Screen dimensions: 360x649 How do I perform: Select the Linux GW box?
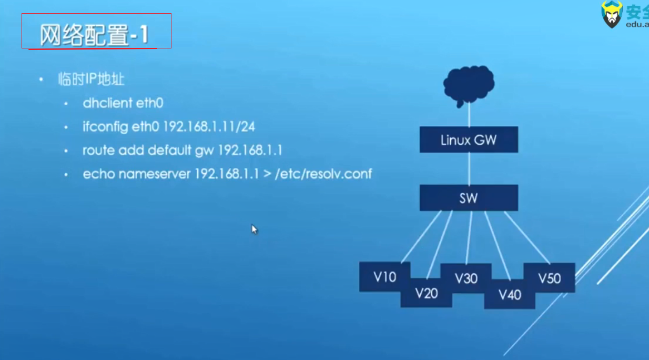pyautogui.click(x=469, y=140)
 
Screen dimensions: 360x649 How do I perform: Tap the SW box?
pyautogui.click(x=469, y=198)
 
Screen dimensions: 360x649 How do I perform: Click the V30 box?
pyautogui.click(x=466, y=277)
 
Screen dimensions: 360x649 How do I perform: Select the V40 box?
pyautogui.click(x=510, y=295)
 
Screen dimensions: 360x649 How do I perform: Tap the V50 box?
pyautogui.click(x=550, y=277)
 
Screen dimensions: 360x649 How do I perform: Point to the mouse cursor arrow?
pyautogui.click(x=254, y=228)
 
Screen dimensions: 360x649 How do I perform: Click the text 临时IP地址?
pyautogui.click(x=91, y=79)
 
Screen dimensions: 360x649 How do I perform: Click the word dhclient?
pyautogui.click(x=107, y=103)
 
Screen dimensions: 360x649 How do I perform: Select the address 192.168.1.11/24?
pyautogui.click(x=209, y=127)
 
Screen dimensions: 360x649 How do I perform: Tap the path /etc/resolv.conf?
pyautogui.click(x=323, y=174)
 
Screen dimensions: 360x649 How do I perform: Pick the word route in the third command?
pyautogui.click(x=98, y=151)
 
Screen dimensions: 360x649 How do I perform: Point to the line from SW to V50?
pyautogui.click(x=527, y=237)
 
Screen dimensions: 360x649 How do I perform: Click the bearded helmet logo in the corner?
pyautogui.click(x=612, y=14)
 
